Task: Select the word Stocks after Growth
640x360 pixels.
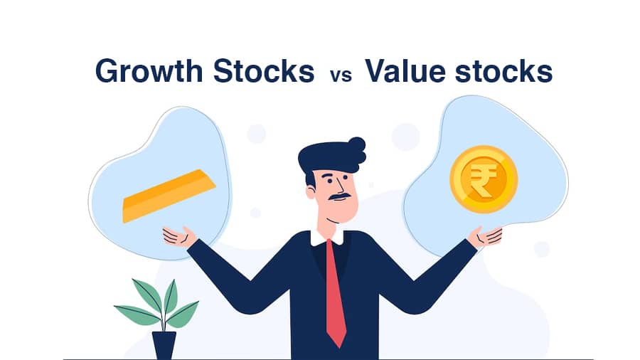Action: point(264,71)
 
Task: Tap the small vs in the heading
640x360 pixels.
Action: point(341,76)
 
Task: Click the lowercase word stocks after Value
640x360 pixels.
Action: point(503,71)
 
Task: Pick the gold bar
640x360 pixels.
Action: point(169,196)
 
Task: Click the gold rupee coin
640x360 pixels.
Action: point(484,179)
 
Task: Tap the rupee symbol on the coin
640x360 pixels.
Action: point(484,180)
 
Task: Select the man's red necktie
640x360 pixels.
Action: point(336,293)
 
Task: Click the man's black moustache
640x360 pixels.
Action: point(340,197)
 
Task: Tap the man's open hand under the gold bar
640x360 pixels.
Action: point(179,237)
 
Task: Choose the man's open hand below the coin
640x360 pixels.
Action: point(485,236)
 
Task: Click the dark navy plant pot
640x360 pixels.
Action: point(164,345)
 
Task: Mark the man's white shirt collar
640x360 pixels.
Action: point(326,238)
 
